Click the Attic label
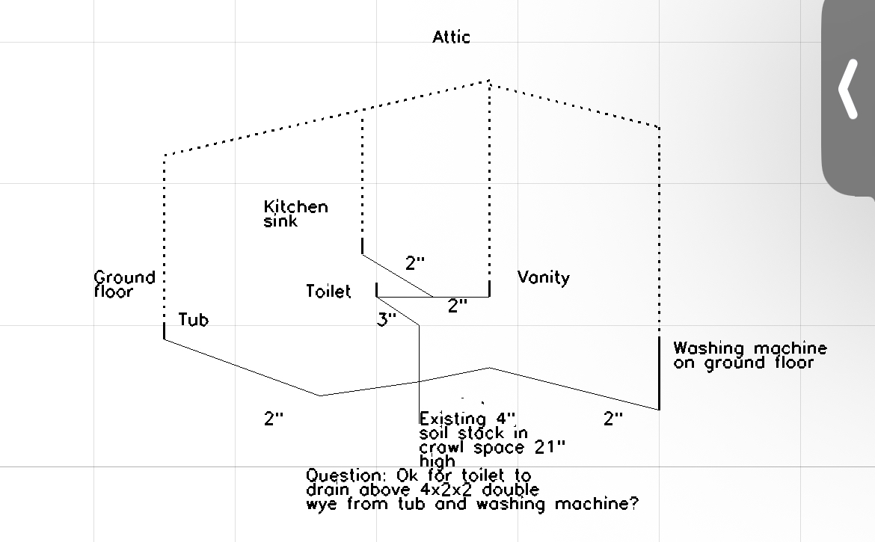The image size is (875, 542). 452,37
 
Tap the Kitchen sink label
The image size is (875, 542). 295,214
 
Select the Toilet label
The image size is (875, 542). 328,292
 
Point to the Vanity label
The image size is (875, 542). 544,278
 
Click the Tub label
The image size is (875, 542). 194,320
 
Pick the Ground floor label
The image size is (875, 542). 125,284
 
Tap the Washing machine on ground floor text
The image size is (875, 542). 749,355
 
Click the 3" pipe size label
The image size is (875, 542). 387,320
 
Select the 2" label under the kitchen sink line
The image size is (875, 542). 415,263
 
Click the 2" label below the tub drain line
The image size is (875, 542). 274,419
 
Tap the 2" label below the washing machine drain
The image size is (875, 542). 613,419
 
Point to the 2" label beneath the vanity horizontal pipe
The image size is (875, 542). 458,305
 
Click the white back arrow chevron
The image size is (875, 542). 847,89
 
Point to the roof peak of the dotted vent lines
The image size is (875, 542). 489,81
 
